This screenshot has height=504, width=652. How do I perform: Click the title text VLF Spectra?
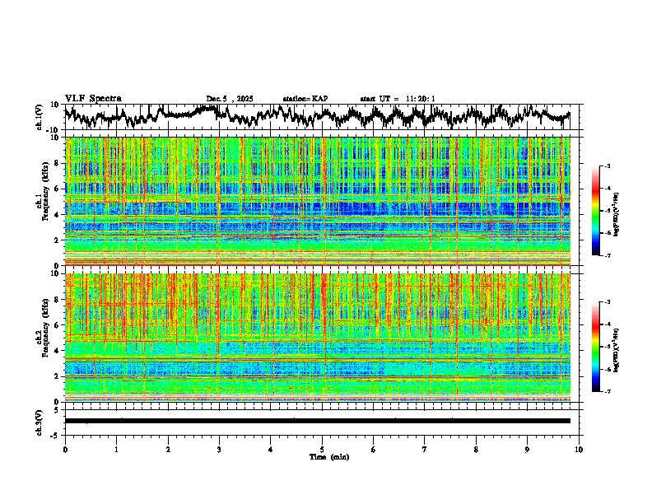click(x=93, y=98)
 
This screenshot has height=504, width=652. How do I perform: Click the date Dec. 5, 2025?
click(x=231, y=99)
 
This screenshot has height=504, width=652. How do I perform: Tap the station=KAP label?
click(x=305, y=99)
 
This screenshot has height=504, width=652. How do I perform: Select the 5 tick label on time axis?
click(x=322, y=450)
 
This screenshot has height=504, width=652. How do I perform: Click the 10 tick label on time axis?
click(x=579, y=450)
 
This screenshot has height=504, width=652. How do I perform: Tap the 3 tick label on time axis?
click(x=219, y=450)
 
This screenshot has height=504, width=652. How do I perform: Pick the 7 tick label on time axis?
click(x=425, y=450)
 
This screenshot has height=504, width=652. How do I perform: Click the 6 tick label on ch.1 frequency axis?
click(x=58, y=189)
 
